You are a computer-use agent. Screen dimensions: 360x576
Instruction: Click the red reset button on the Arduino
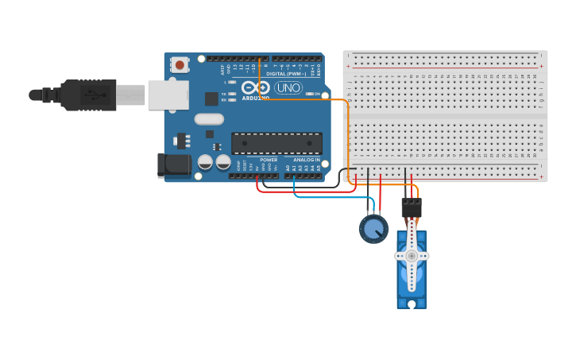click(x=180, y=65)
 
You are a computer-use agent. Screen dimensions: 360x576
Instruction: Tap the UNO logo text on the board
click(x=288, y=87)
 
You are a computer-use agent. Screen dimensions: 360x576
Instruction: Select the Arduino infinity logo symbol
click(x=257, y=87)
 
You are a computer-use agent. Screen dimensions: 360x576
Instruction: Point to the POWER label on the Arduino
click(x=269, y=160)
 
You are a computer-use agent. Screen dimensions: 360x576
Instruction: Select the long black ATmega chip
click(x=276, y=143)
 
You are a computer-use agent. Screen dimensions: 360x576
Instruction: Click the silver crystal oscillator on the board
click(x=209, y=120)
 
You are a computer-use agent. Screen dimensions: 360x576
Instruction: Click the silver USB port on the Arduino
click(x=168, y=95)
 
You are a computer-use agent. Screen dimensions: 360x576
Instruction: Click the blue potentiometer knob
click(x=373, y=230)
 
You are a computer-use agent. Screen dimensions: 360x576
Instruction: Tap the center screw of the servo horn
click(x=412, y=256)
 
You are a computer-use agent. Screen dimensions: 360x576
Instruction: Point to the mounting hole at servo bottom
click(x=412, y=303)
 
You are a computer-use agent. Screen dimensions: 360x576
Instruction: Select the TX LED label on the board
click(x=225, y=93)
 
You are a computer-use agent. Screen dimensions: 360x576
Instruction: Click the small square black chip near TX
click(x=211, y=99)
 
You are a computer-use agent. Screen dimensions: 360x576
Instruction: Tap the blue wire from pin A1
click(x=318, y=196)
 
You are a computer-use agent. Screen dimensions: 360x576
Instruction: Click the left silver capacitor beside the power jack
click(x=205, y=162)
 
